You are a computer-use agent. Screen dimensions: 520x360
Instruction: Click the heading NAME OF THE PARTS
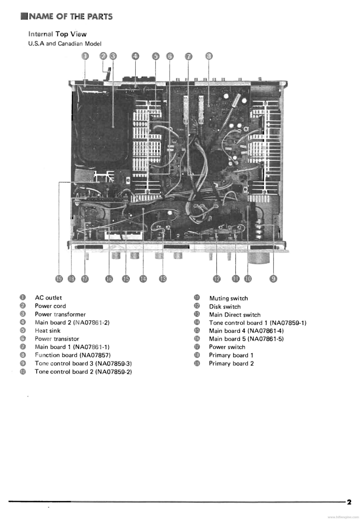(70, 17)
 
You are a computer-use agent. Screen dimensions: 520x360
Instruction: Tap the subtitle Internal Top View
(57, 34)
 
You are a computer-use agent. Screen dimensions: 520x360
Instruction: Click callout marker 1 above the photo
(85, 56)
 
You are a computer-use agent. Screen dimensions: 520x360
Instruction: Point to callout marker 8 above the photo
(209, 56)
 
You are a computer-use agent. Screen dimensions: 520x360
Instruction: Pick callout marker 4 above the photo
(135, 56)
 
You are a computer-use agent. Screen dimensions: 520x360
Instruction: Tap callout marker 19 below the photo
(59, 279)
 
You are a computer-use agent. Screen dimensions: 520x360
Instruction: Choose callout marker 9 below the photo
(273, 279)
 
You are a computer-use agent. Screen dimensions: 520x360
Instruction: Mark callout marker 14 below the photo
(143, 279)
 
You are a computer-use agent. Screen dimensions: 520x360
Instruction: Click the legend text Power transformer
(60, 314)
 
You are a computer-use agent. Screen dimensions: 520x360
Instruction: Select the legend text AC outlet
(48, 298)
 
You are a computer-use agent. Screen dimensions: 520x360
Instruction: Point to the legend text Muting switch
(228, 298)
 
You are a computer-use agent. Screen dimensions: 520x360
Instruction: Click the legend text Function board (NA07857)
(73, 355)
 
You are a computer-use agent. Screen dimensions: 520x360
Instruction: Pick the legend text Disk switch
(225, 306)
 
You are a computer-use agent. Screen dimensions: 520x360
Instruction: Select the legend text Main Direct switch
(234, 315)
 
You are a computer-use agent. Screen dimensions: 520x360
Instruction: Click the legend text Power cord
(50, 306)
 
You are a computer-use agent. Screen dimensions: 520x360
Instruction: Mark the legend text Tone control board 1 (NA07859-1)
(258, 323)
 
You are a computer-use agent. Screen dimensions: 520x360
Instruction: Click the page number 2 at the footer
(349, 501)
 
